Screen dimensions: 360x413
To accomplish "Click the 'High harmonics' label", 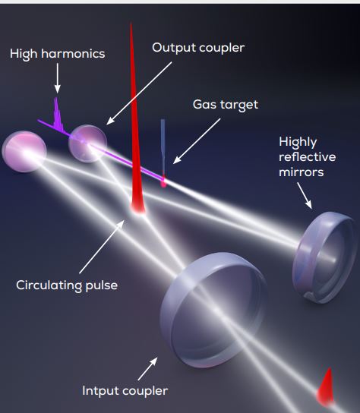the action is (58, 54).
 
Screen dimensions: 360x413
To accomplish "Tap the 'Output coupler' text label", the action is (198, 48).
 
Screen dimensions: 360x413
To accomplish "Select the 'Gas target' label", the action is (226, 104).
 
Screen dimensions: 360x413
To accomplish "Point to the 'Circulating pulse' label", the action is (67, 285).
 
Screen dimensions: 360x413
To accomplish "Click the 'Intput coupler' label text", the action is (125, 391).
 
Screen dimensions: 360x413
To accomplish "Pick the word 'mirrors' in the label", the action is (302, 172).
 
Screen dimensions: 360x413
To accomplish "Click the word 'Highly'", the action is (298, 142).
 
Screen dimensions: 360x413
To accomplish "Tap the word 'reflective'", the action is (308, 157).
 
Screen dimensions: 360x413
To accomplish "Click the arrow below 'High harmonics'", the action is (57, 78).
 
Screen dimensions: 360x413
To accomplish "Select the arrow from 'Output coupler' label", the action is (139, 93).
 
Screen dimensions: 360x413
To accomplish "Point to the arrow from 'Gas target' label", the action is (197, 141).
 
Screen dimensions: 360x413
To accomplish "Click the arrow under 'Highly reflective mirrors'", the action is (305, 196).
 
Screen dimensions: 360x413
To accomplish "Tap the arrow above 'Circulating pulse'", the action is (102, 247).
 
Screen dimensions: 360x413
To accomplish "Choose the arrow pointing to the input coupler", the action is (148, 369).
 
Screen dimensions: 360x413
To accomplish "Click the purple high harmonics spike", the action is (58, 115).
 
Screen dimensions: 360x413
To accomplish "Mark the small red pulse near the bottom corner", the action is (326, 387).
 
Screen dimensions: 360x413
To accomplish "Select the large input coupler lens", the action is (214, 310).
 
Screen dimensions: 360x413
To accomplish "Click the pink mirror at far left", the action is (24, 151).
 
